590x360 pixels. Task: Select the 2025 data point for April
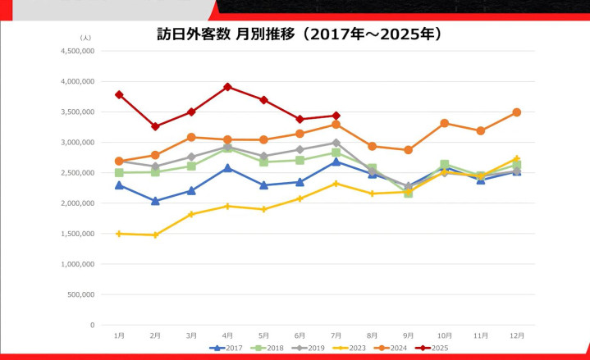tap(227, 87)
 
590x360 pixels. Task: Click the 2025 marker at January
tap(119, 94)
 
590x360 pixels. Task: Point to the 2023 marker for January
tap(119, 234)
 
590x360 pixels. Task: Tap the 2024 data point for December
tap(516, 112)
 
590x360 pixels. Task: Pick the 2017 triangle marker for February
tap(155, 201)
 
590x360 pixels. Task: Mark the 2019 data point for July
tap(336, 143)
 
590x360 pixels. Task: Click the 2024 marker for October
tap(444, 123)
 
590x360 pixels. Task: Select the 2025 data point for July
tap(336, 116)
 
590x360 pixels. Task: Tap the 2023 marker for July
tap(336, 184)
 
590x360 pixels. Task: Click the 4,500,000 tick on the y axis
tap(79, 51)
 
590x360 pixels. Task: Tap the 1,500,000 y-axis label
tap(79, 234)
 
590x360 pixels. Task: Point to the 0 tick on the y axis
tap(92, 326)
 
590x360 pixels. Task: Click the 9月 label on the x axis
tap(408, 335)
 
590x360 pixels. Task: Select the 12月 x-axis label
tap(516, 335)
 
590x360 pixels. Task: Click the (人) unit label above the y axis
tap(85, 38)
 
